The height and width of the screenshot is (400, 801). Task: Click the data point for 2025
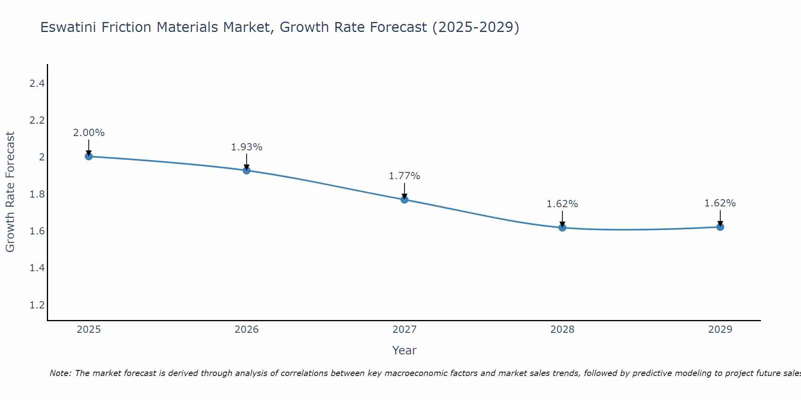89,156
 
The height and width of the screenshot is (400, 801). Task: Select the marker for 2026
247,170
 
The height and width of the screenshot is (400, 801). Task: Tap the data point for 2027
405,200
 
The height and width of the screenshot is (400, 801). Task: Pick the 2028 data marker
562,228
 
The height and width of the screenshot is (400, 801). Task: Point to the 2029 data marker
720,227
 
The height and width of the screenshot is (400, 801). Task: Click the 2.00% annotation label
89,133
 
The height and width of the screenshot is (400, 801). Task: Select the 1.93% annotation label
247,147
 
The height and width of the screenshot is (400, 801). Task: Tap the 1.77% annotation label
405,176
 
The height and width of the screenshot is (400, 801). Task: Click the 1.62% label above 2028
562,204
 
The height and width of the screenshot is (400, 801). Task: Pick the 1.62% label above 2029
720,203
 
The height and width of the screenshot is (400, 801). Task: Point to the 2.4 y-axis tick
37,84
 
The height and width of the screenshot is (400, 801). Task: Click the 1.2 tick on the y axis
37,305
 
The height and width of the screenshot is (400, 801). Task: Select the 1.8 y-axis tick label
37,194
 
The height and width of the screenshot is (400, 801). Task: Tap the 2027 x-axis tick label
405,330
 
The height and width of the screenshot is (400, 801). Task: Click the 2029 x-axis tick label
720,330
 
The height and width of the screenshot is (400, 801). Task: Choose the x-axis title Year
405,350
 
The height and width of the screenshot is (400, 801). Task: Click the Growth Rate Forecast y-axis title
10,192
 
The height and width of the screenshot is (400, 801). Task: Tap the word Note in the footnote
60,373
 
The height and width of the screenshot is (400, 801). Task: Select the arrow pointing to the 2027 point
405,191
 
